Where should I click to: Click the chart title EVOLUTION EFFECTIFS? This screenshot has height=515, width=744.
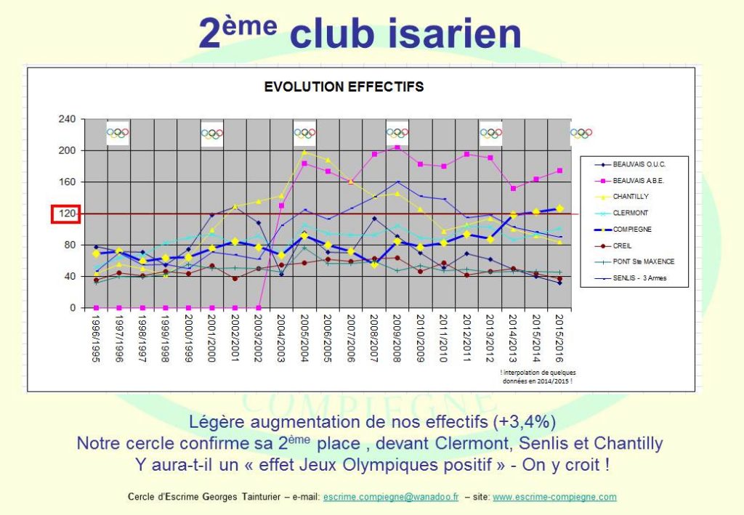pos(344,87)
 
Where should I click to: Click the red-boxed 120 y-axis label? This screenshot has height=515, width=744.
pos(64,214)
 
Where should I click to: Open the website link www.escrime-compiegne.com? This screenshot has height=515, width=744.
pos(554,498)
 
